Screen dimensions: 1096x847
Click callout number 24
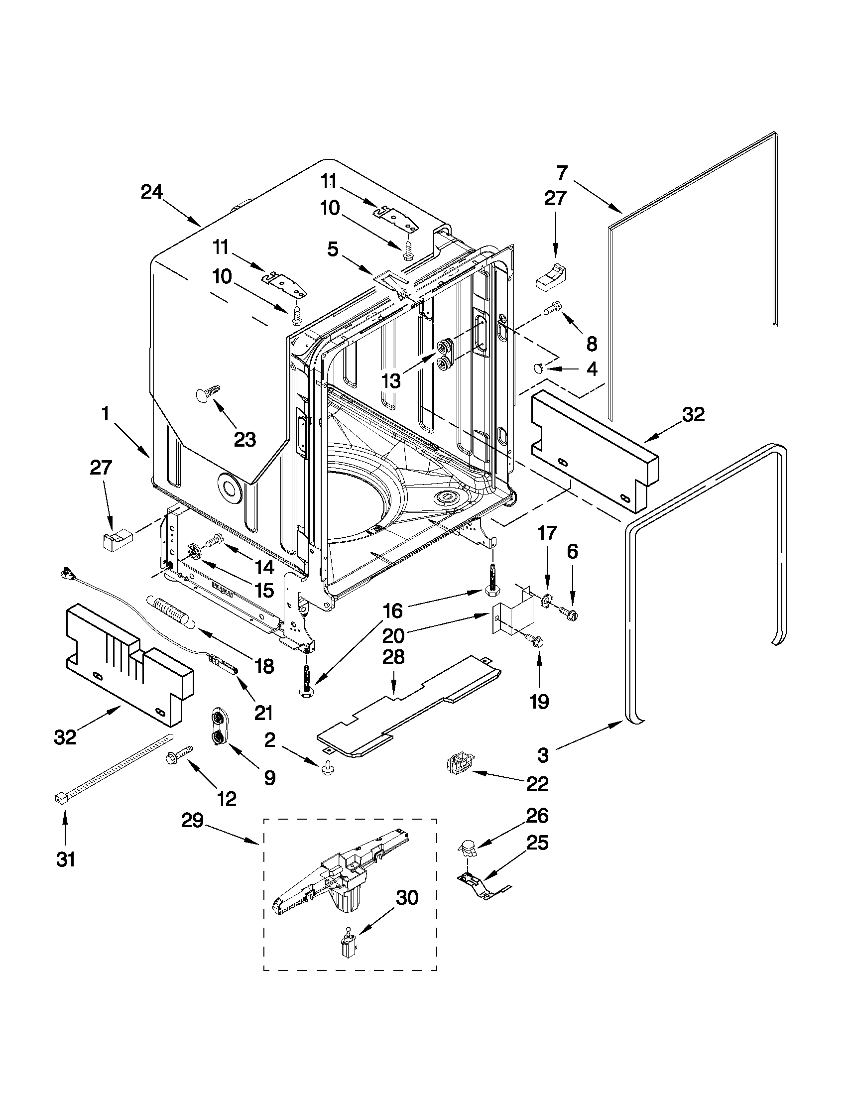[x=151, y=192]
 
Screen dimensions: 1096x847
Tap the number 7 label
[x=562, y=173]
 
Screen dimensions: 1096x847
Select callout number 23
[x=245, y=440]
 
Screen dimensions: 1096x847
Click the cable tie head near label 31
[x=60, y=798]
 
